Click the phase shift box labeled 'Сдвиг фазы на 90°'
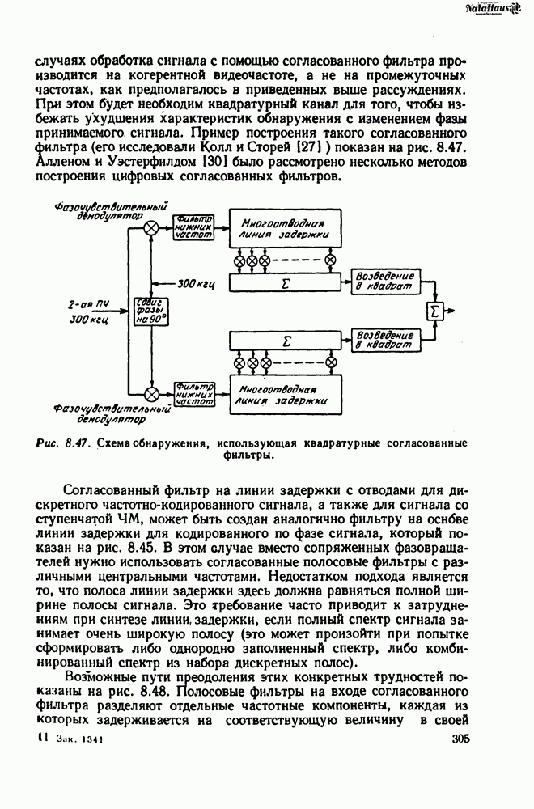[151, 310]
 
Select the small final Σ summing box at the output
[436, 310]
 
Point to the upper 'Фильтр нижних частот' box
[194, 227]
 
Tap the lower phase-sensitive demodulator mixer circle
[151, 394]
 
